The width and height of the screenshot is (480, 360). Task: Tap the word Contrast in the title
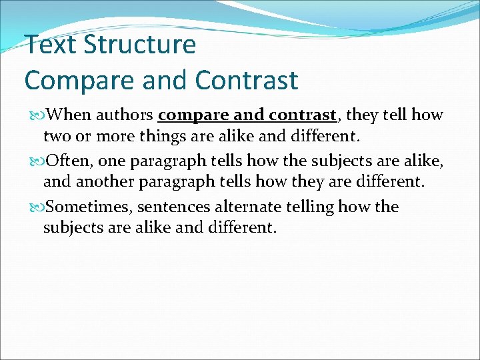coord(247,80)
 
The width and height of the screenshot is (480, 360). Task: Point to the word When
coord(71,115)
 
